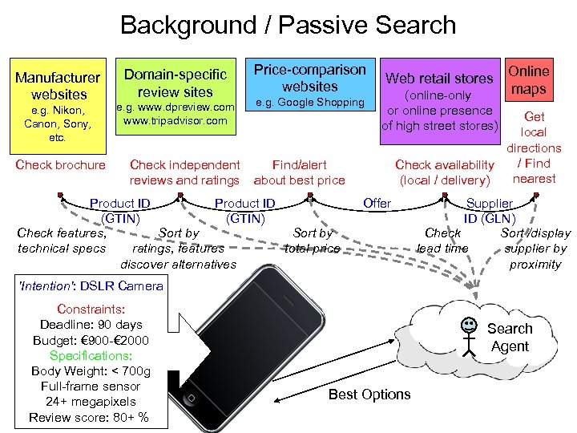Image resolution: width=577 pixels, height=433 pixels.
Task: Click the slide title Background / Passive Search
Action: click(x=288, y=25)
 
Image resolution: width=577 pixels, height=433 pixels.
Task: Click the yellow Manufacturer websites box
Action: click(x=57, y=103)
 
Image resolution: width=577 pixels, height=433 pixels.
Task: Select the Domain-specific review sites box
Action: click(x=175, y=94)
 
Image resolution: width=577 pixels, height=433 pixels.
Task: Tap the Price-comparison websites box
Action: click(x=309, y=86)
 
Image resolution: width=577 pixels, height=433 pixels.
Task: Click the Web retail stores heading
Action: click(x=439, y=78)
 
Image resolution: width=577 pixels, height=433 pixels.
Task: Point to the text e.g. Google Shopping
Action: click(x=309, y=103)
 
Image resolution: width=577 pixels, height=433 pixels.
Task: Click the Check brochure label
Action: click(x=60, y=165)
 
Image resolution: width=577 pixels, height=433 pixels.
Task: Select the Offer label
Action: click(x=377, y=203)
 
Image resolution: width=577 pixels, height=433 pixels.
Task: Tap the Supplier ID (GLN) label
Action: click(x=490, y=211)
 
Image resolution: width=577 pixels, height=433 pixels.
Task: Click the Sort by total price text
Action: click(x=313, y=241)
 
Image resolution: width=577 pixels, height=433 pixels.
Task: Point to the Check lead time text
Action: click(x=442, y=241)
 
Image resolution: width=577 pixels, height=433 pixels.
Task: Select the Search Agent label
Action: click(x=509, y=338)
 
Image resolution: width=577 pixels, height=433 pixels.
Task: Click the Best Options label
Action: click(x=369, y=394)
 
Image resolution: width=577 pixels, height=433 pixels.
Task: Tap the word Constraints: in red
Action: click(x=91, y=309)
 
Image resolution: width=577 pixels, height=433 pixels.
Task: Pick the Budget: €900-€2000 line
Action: click(x=91, y=340)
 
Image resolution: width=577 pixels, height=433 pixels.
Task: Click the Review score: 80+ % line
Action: click(x=88, y=417)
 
